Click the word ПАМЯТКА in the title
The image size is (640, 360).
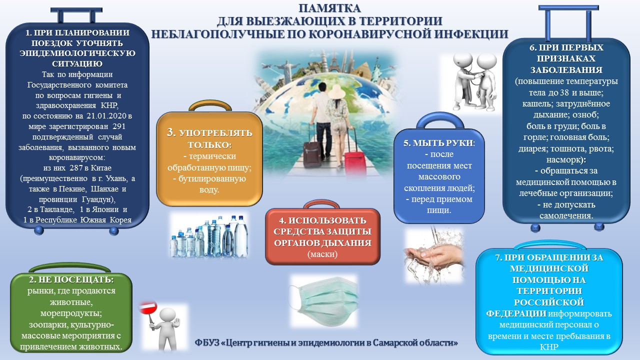[x=329, y=8]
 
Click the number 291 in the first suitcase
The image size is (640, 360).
[x=119, y=126]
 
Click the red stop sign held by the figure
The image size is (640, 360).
[x=148, y=308]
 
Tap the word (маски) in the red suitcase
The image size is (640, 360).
[x=322, y=254]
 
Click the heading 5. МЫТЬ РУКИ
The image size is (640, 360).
[x=439, y=143]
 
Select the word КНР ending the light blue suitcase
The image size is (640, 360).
[x=549, y=347]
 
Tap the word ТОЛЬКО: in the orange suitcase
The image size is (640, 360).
[x=209, y=145]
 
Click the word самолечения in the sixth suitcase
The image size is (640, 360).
[x=566, y=215]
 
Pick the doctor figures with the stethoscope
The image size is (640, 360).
[x=474, y=82]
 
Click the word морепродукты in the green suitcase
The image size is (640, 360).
[x=71, y=313]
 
